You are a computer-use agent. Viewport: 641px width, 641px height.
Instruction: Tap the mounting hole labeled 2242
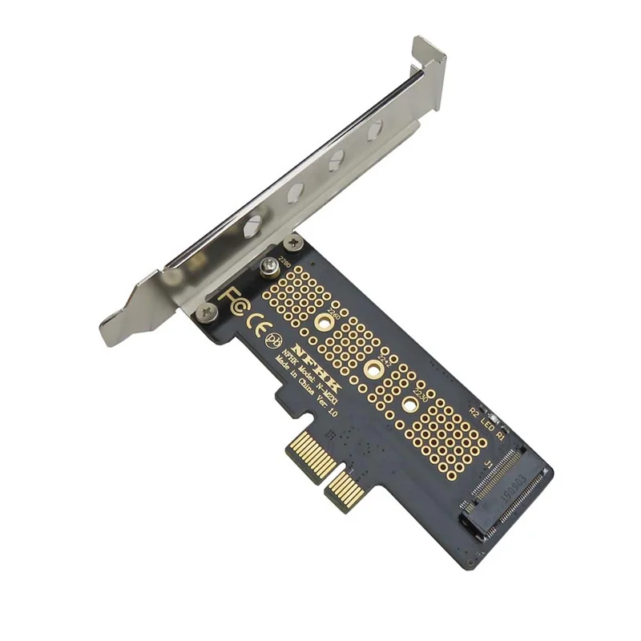click(373, 369)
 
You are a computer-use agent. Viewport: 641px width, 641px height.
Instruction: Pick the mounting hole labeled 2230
click(411, 405)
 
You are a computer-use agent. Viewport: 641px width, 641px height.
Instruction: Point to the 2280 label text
click(282, 261)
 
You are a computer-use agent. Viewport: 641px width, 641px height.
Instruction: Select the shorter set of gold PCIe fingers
click(345, 490)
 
